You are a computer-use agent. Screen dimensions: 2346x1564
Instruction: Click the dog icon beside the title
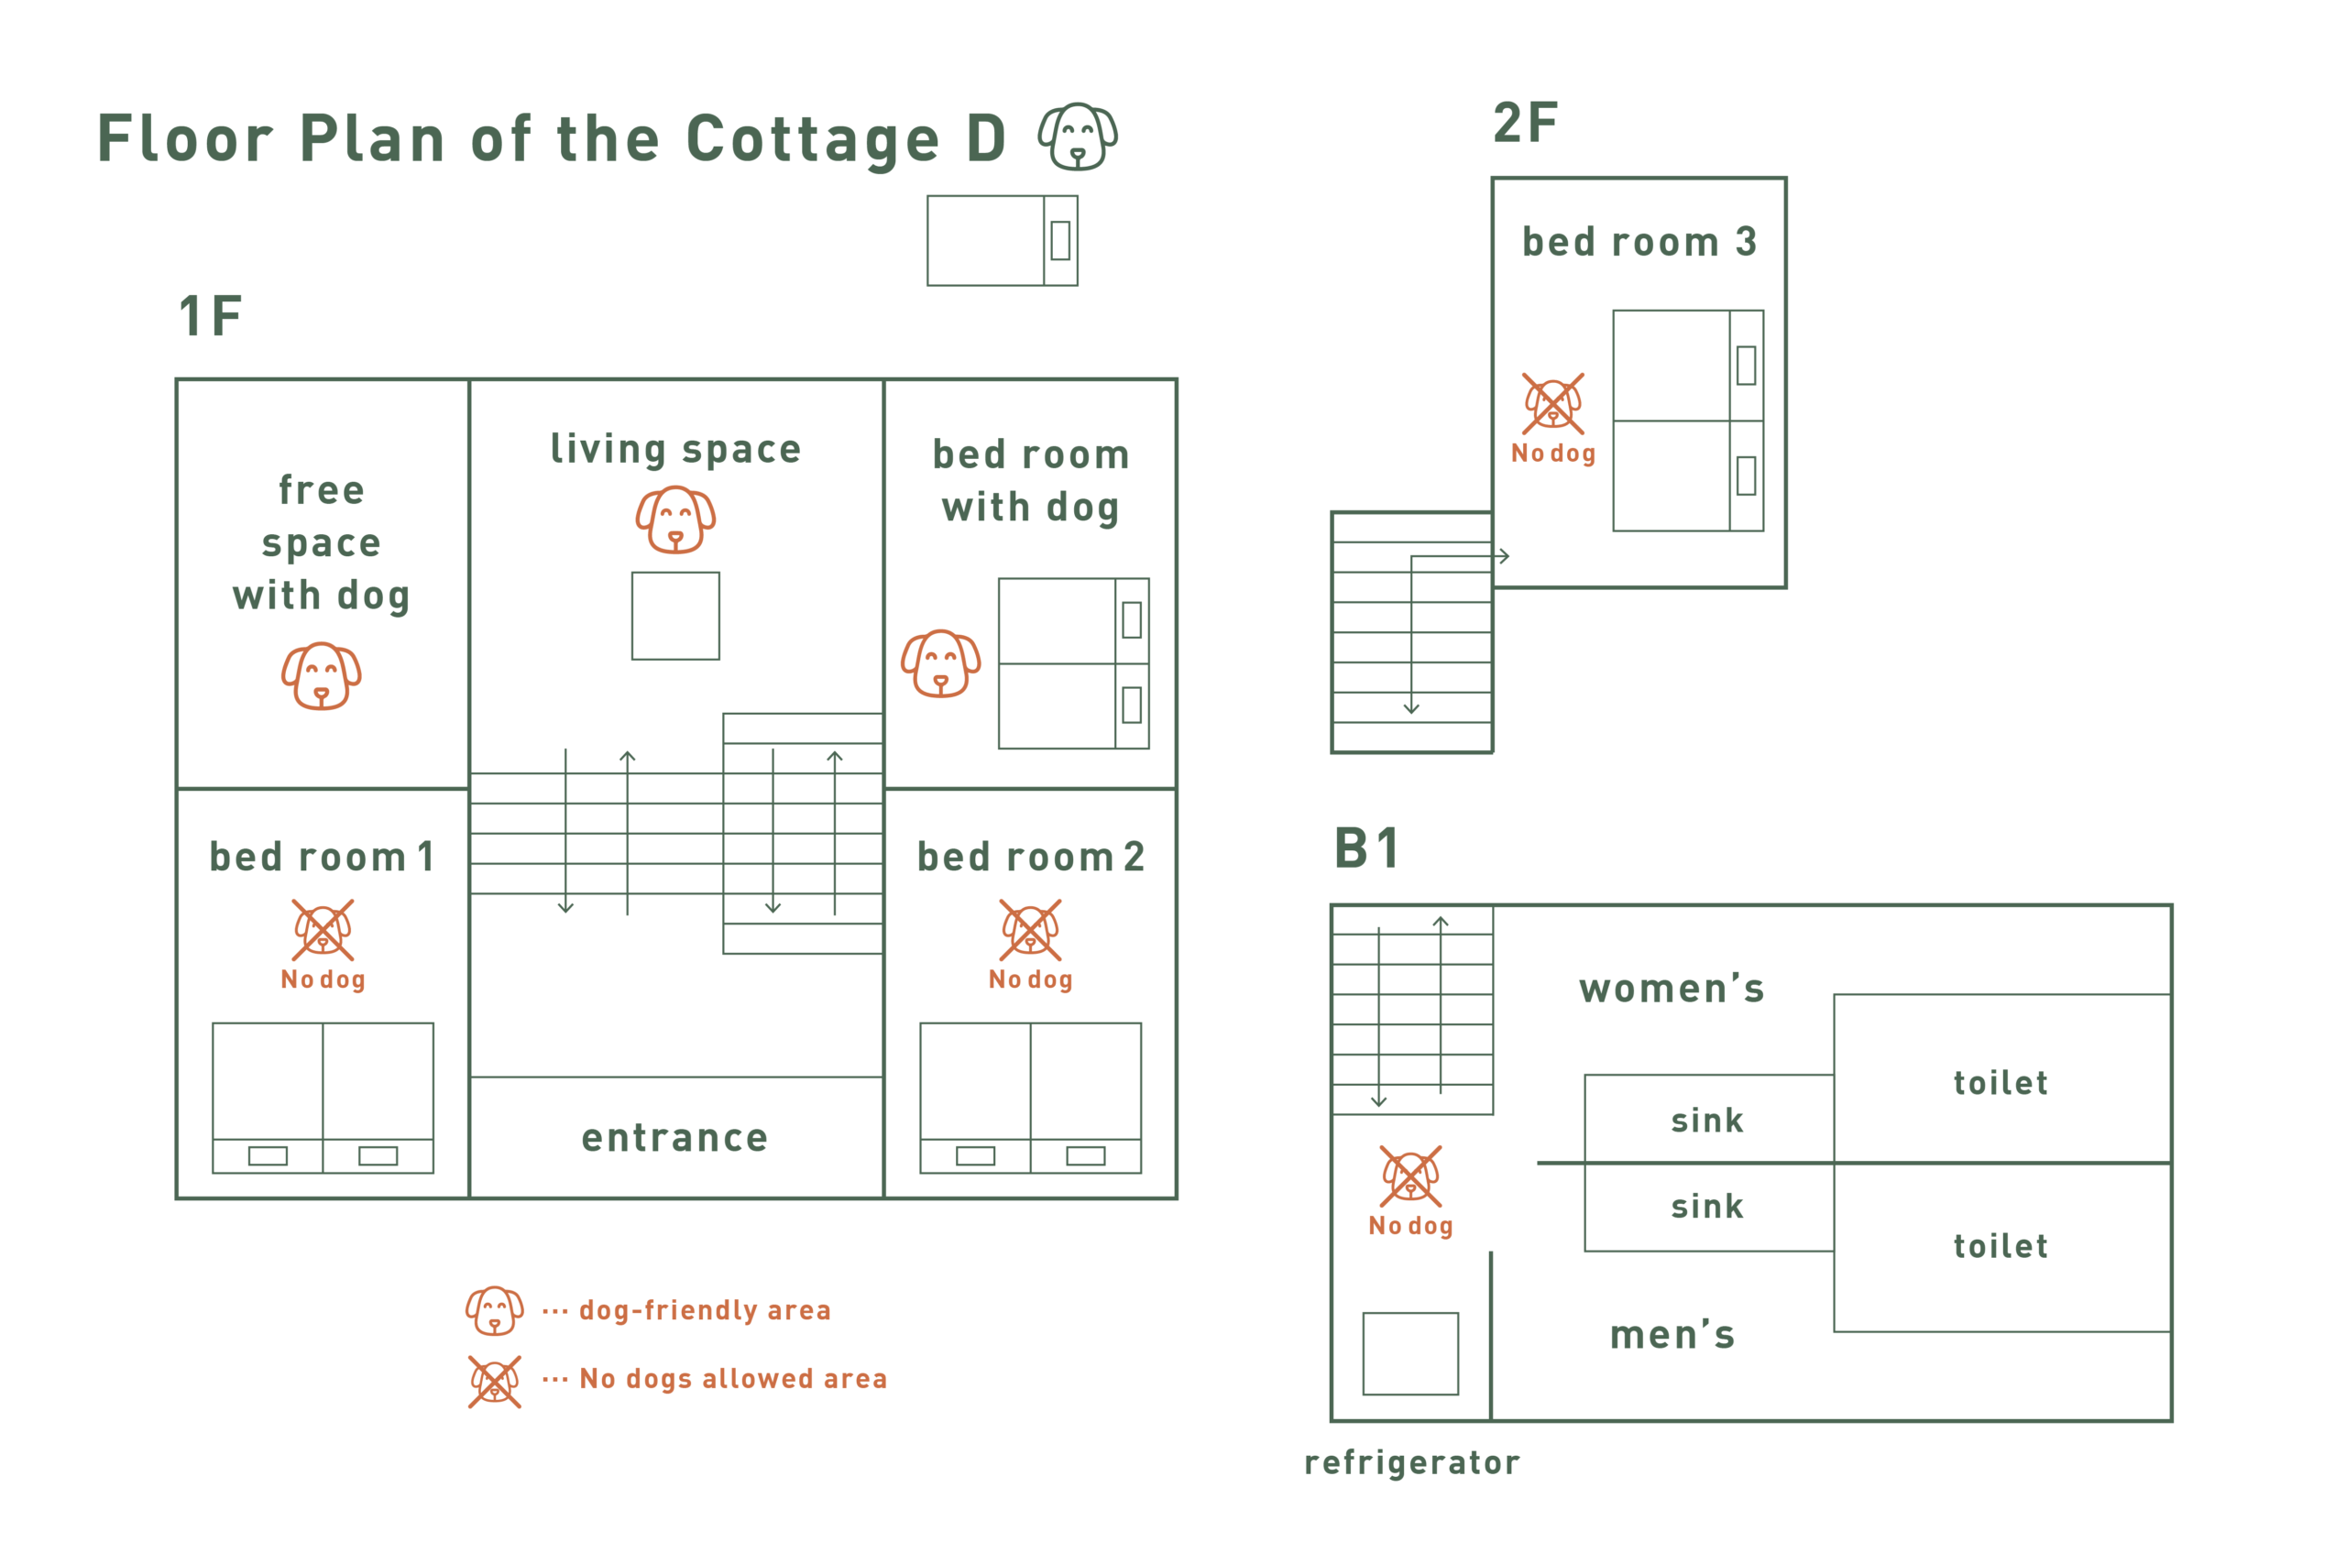pyautogui.click(x=1078, y=137)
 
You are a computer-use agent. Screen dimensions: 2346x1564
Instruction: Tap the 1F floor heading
pyautogui.click(x=211, y=316)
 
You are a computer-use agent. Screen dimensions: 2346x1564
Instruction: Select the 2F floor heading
pyautogui.click(x=1525, y=123)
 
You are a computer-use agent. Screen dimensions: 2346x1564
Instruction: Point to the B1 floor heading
pyautogui.click(x=1366, y=848)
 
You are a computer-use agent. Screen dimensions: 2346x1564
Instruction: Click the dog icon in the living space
pyautogui.click(x=675, y=520)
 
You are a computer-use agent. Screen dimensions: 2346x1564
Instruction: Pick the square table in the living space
pyautogui.click(x=675, y=616)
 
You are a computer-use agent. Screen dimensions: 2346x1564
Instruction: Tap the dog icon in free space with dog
pyautogui.click(x=321, y=676)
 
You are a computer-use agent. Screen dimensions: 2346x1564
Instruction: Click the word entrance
pyautogui.click(x=675, y=1138)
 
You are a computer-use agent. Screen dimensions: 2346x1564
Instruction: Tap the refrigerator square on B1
pyautogui.click(x=1410, y=1353)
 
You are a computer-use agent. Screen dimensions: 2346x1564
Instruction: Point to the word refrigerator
pyautogui.click(x=1412, y=1463)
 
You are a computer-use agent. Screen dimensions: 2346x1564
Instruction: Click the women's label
pyautogui.click(x=1672, y=989)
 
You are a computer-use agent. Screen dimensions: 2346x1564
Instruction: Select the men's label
pyautogui.click(x=1672, y=1335)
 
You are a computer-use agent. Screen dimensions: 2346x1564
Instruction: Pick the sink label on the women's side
pyautogui.click(x=1707, y=1121)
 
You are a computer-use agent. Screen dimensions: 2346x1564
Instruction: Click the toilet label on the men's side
pyautogui.click(x=2001, y=1246)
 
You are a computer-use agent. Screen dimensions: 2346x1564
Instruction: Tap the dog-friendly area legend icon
pyautogui.click(x=495, y=1310)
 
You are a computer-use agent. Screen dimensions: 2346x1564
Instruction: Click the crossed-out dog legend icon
pyautogui.click(x=495, y=1382)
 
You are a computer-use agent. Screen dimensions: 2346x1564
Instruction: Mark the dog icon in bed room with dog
pyautogui.click(x=940, y=663)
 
